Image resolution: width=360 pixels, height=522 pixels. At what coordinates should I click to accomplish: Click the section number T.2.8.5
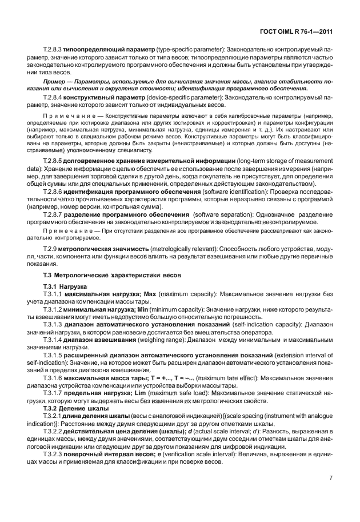[53, 161]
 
